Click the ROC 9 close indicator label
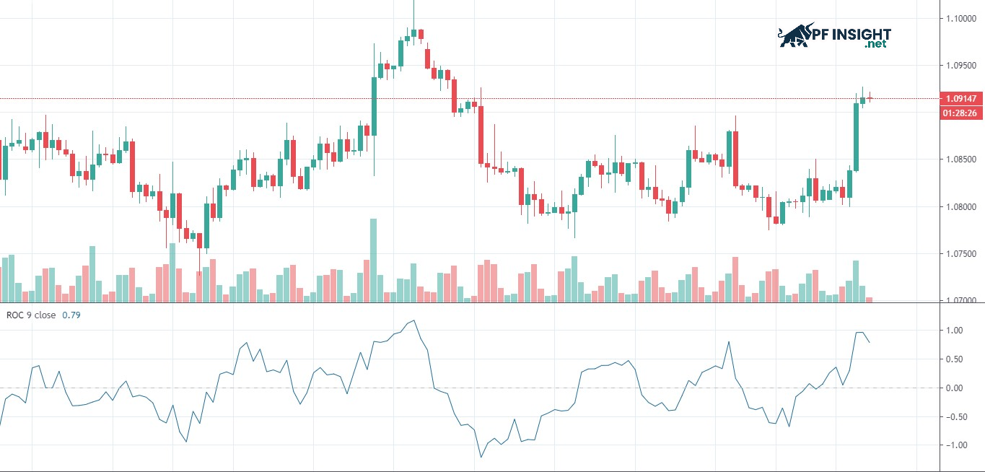30,315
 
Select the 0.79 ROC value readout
71,315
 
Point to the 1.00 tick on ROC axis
955,331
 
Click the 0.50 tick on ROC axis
955,359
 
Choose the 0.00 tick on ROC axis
955,388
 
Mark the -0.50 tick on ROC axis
954,416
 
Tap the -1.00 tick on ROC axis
954,445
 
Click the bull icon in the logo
794,35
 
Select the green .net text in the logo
875,45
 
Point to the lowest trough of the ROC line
481,456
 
